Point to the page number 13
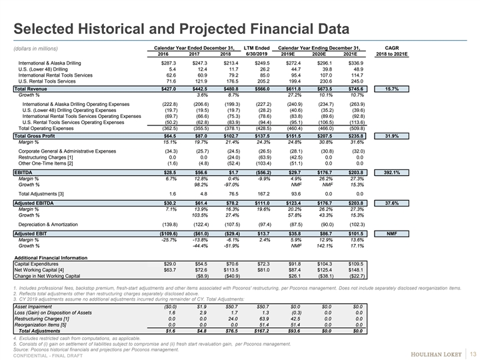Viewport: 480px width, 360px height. click(x=473, y=353)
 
